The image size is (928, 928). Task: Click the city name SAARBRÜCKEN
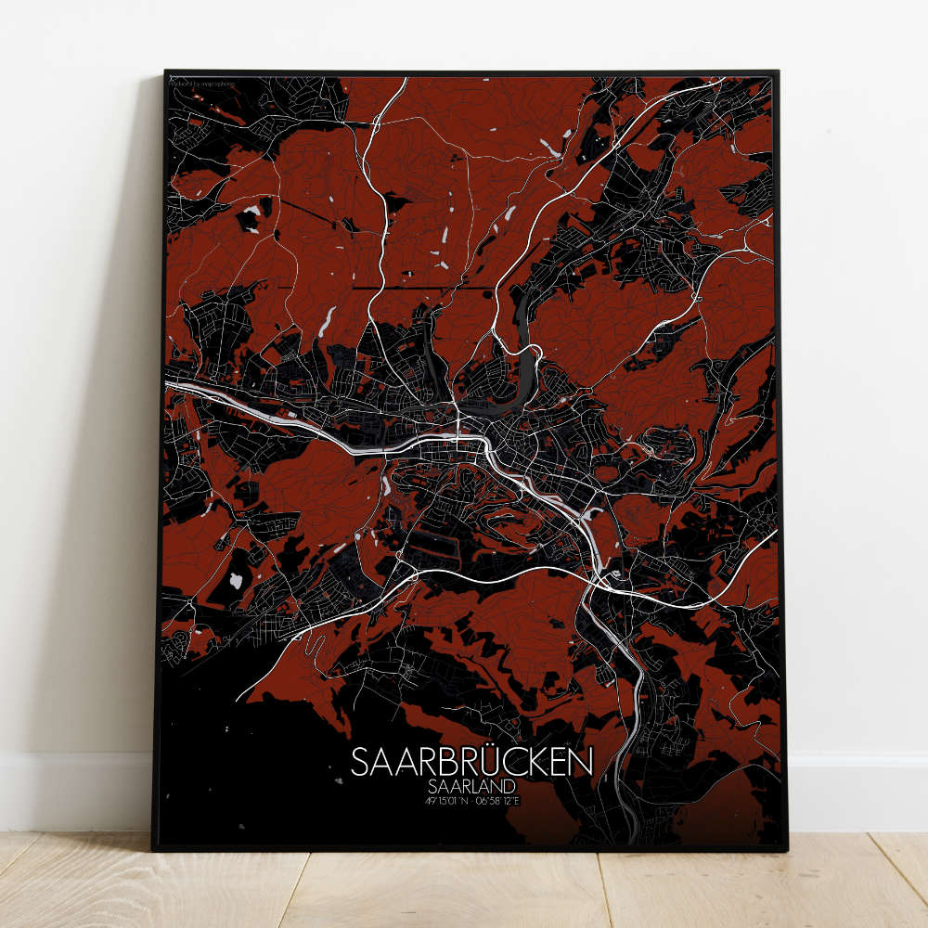point(472,763)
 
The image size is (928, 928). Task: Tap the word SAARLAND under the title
point(472,787)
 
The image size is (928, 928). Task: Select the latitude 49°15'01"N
point(447,801)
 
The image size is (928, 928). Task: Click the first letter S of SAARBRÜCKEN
point(361,764)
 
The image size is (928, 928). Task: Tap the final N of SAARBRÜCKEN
point(583,764)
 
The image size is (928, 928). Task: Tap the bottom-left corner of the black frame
point(153,848)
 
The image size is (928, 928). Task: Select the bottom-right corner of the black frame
point(787,849)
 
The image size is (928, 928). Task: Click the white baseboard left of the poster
point(74,789)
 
